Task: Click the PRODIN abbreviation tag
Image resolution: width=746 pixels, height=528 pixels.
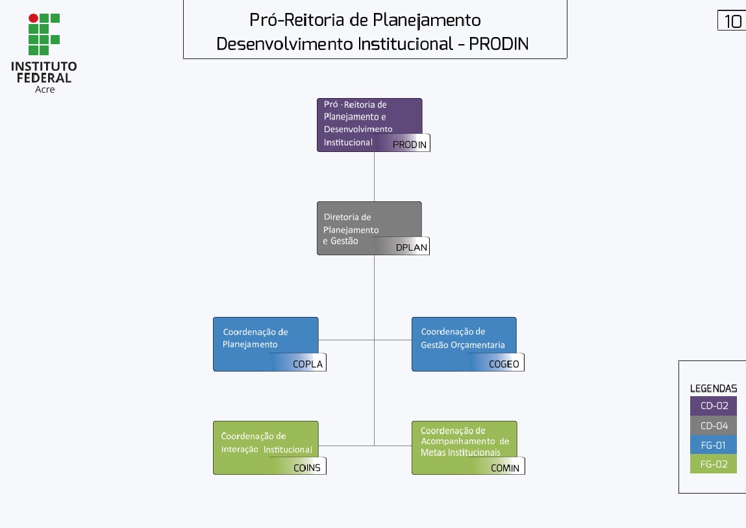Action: (410, 144)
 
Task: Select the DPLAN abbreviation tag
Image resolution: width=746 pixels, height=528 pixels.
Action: (411, 247)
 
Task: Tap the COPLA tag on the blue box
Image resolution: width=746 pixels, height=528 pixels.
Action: (307, 364)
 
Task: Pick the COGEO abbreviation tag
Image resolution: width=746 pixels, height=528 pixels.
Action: (504, 364)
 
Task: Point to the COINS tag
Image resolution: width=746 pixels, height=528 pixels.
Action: (306, 468)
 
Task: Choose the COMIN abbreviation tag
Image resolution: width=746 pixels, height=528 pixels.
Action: (504, 468)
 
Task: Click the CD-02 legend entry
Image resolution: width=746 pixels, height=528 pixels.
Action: (714, 407)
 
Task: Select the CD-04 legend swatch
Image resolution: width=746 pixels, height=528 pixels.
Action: (714, 426)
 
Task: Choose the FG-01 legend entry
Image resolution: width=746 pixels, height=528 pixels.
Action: (714, 445)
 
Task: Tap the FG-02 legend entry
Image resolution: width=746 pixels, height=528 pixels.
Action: (714, 464)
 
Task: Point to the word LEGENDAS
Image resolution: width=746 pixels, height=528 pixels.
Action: (713, 388)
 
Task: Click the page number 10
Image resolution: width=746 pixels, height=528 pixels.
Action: (732, 21)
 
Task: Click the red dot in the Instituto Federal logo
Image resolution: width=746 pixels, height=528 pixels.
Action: (33, 18)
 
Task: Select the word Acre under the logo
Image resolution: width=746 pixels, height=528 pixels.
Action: (45, 90)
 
